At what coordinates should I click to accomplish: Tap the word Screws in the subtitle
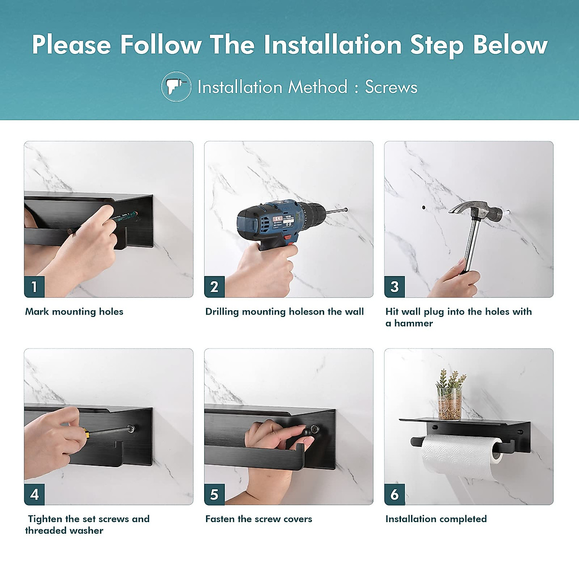click(x=391, y=87)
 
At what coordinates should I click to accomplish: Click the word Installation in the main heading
click(x=332, y=45)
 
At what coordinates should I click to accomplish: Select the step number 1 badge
click(x=34, y=287)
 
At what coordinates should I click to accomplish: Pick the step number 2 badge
click(x=214, y=287)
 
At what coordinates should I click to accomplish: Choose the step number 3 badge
click(x=395, y=287)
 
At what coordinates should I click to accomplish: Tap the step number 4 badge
click(x=34, y=494)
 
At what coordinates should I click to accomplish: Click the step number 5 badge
click(x=214, y=494)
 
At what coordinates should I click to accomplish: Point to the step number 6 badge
click(x=395, y=494)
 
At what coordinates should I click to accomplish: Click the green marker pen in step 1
click(x=123, y=217)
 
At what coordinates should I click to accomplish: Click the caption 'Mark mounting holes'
click(x=74, y=312)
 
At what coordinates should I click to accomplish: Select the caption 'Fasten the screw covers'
click(x=259, y=519)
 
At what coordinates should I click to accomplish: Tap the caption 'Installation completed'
click(x=436, y=519)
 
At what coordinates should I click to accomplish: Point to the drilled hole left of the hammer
click(x=424, y=207)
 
